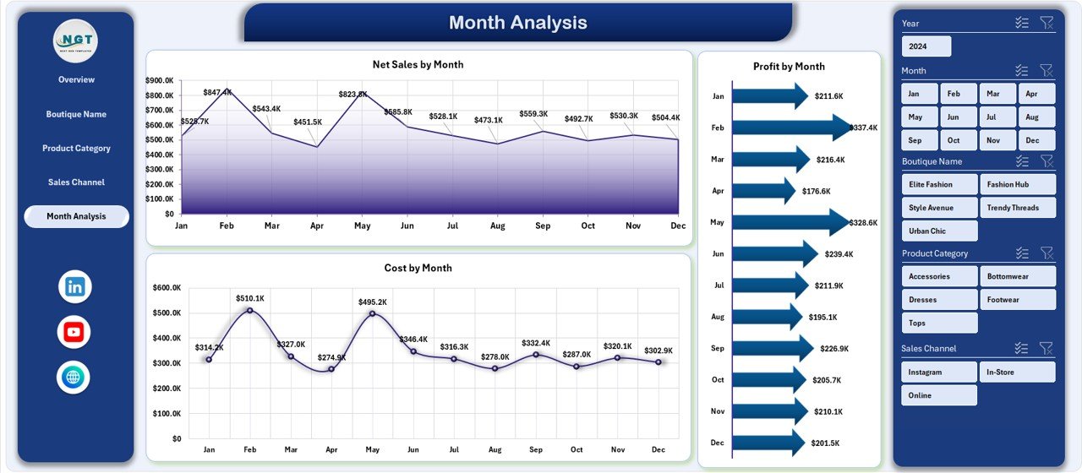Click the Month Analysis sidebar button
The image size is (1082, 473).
coord(76,216)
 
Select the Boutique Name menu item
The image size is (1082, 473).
coord(76,114)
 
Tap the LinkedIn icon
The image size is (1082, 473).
coord(74,286)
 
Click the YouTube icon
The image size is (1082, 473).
coord(74,332)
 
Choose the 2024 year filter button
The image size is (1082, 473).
coord(926,46)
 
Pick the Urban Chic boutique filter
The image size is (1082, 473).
coord(939,231)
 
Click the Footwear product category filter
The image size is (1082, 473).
coord(1018,300)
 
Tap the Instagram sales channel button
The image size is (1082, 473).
coord(939,372)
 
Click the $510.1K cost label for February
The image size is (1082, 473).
coord(249,298)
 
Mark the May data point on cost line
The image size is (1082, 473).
coord(372,314)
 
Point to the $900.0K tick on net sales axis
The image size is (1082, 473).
coord(159,80)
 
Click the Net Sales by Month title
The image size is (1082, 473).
coord(418,64)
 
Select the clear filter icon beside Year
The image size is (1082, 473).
coord(1046,23)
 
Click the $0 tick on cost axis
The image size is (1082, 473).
coord(175,439)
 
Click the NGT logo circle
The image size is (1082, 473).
coord(75,41)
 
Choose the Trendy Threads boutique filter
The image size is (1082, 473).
coord(1018,208)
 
